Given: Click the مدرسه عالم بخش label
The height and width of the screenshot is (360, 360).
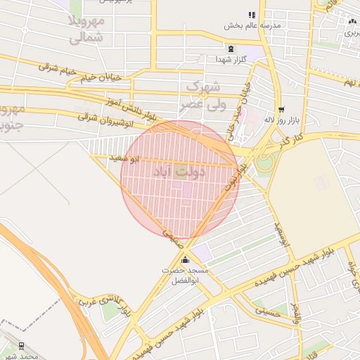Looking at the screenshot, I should click(x=252, y=25).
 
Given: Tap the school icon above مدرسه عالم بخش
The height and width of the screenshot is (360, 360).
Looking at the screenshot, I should click(x=252, y=15).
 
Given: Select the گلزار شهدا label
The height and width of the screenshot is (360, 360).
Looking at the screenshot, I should click(x=231, y=59).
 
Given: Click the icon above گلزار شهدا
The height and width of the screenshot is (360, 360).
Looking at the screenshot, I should click(x=231, y=48).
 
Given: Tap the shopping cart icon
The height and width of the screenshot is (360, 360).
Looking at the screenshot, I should click(x=282, y=109).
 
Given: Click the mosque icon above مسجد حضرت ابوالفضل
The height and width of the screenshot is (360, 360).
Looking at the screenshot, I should click(x=185, y=259).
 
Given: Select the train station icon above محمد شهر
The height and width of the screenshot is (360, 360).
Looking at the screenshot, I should click(x=21, y=346).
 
